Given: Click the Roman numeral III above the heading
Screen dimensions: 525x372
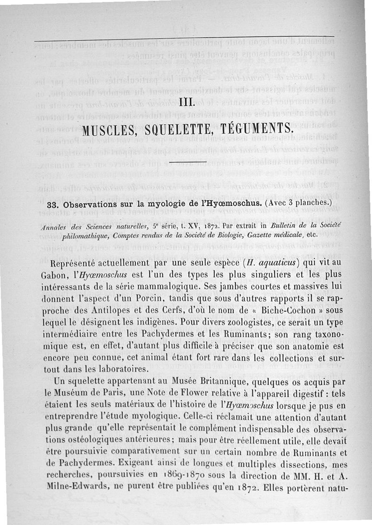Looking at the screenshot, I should [186, 102].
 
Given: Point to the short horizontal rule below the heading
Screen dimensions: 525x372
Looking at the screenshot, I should [187, 163].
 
